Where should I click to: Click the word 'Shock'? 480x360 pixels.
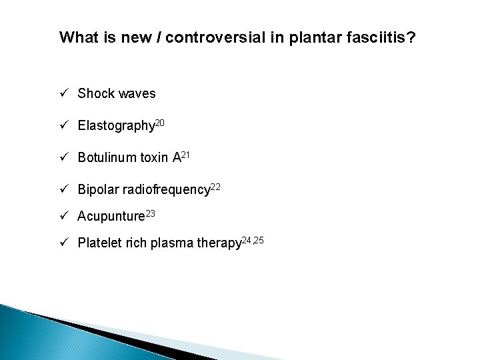click(x=96, y=94)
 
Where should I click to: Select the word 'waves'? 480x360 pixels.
click(x=137, y=94)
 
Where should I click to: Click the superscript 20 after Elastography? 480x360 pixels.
click(x=161, y=122)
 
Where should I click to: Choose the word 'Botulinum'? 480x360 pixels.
click(x=107, y=158)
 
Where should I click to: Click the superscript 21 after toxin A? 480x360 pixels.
click(x=187, y=154)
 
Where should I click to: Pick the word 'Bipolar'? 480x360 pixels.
click(x=97, y=190)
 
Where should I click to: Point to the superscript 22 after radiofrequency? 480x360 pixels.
click(x=215, y=186)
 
